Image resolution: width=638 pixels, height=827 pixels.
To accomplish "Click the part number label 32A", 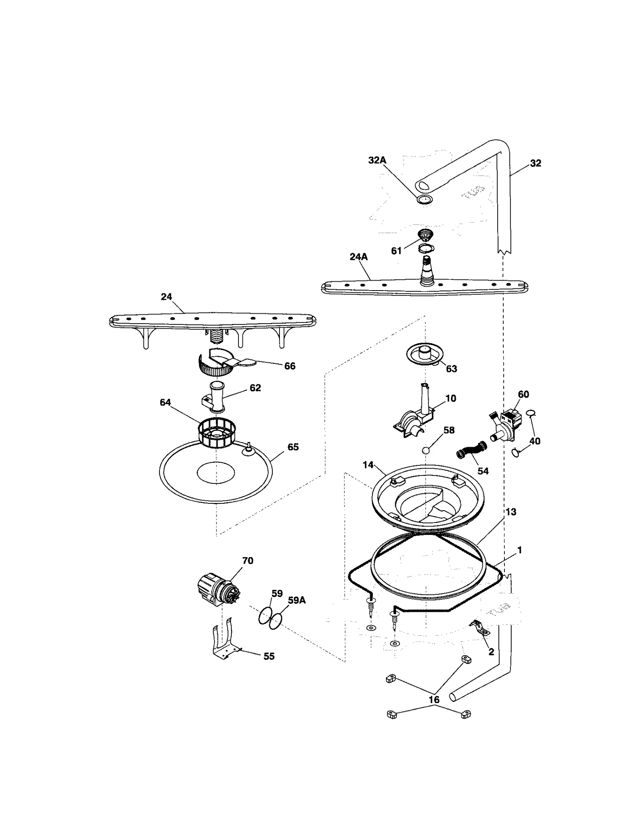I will point(377,160).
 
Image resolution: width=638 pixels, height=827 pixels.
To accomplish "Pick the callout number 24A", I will point(358,257).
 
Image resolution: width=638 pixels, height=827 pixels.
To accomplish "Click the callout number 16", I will point(434,699).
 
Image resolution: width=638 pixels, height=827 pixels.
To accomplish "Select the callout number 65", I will point(293,447).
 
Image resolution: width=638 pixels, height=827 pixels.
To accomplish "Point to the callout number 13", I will point(510,512).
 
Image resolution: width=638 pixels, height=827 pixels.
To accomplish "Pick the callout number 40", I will point(534,441).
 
